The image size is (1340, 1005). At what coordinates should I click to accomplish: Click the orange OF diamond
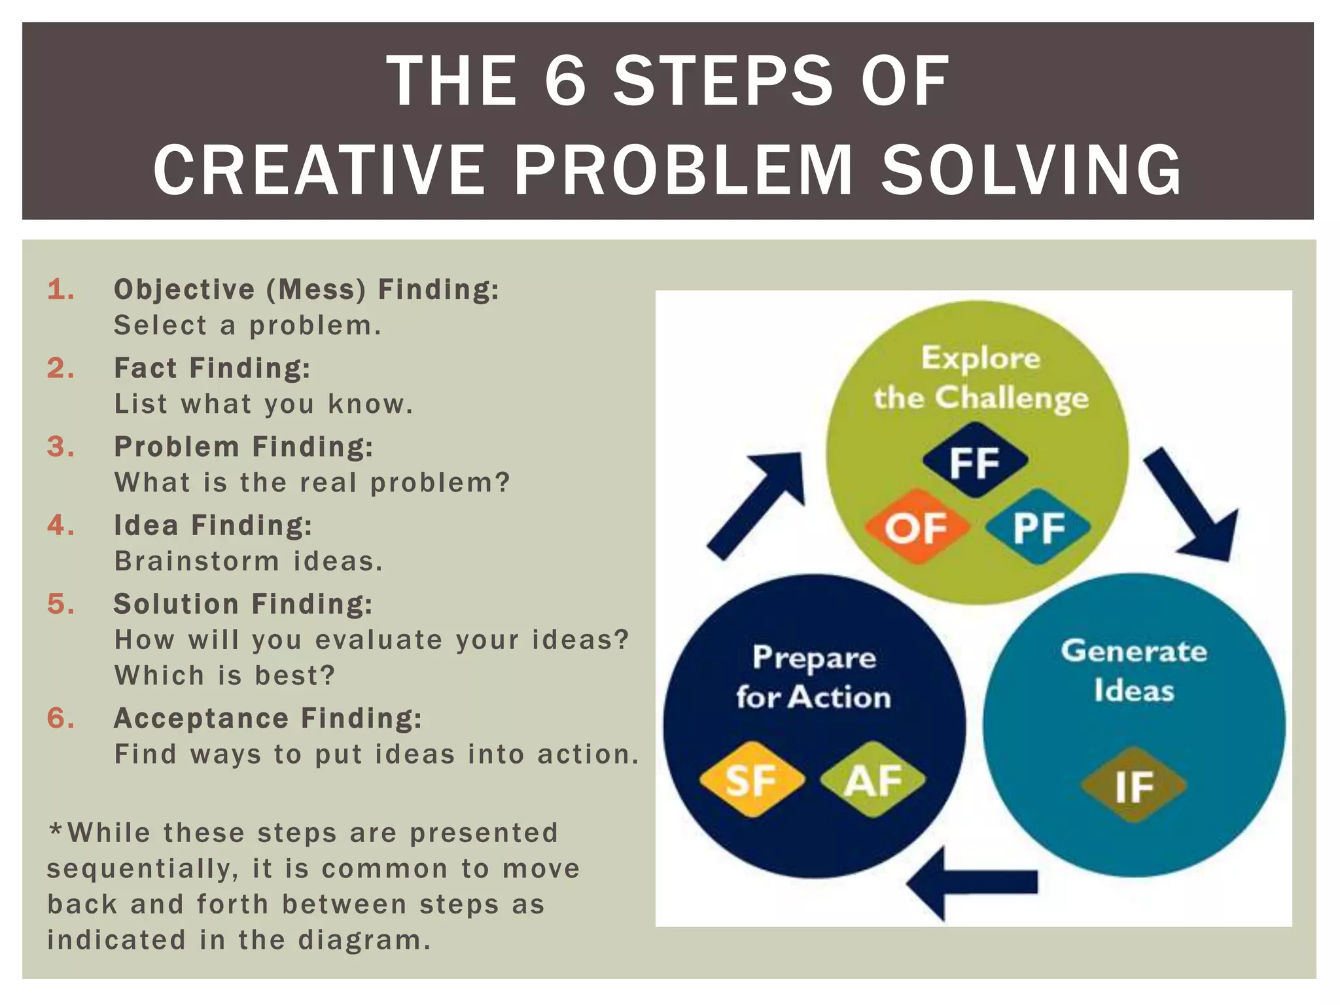pos(917,527)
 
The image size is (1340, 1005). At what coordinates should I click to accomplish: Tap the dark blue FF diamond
pos(975,461)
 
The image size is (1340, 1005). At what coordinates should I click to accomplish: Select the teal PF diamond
pos(1038,527)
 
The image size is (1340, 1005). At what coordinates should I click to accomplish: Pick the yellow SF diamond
pos(752,779)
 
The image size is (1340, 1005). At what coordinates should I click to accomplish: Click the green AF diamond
pos(873,779)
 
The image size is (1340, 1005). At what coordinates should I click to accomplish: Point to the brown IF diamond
pos(1133,785)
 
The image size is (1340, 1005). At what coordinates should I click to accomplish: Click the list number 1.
pos(60,290)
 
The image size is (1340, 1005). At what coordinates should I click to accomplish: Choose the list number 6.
pos(60,718)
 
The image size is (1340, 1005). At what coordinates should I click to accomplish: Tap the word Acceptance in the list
pos(201,718)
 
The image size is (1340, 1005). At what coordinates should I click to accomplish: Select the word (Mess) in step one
pos(316,290)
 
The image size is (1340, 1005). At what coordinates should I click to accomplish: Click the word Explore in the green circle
pos(980,359)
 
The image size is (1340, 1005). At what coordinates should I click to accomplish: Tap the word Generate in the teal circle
pos(1134,651)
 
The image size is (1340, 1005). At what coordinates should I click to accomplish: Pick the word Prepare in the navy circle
pos(814,658)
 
